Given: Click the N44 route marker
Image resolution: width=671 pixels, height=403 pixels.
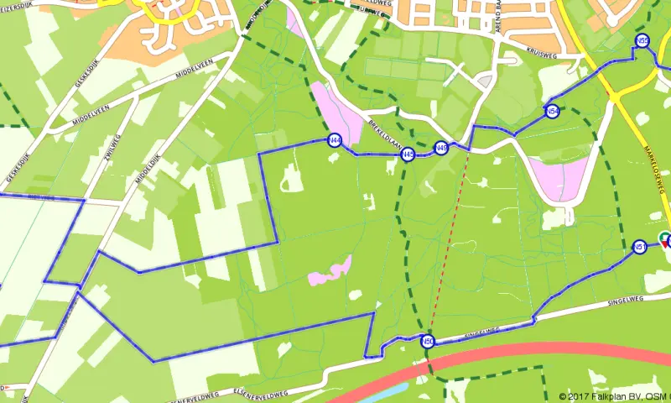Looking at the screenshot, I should (x=335, y=140).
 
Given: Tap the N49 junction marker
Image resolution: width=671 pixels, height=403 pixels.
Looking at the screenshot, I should (x=440, y=149).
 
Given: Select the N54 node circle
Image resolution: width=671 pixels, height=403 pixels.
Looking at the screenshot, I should (x=552, y=112).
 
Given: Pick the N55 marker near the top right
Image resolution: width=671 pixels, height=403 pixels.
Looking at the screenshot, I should (x=642, y=41).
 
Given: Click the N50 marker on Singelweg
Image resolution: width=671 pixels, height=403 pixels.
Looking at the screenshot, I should (x=427, y=341).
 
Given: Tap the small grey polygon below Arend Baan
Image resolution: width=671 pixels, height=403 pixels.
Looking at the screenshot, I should (x=485, y=81).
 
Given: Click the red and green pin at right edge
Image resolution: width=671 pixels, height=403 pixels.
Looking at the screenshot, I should (x=665, y=239).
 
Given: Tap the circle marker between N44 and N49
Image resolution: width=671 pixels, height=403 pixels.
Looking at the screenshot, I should (x=408, y=154).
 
